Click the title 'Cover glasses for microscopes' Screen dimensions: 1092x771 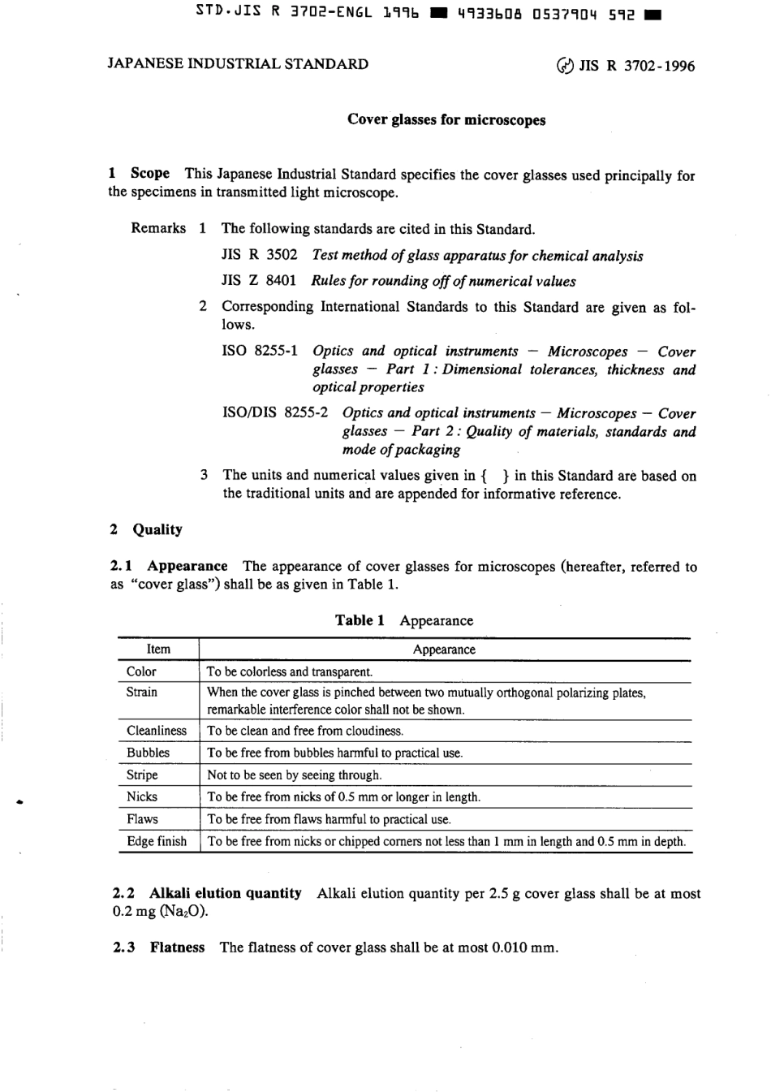click(x=446, y=120)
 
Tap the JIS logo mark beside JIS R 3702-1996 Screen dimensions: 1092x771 click(x=565, y=66)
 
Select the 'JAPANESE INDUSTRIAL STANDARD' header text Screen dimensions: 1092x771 click(x=238, y=64)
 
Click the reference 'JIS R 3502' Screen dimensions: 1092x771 click(x=259, y=255)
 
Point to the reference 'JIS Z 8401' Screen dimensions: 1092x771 click(x=258, y=281)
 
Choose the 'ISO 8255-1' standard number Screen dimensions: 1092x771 click(x=260, y=352)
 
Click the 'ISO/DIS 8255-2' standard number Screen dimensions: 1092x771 click(x=275, y=412)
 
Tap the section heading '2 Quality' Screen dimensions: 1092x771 click(x=146, y=529)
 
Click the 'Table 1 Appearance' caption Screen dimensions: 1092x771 click(x=404, y=621)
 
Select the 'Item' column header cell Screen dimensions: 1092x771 click(x=158, y=650)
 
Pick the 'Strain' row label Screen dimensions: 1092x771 click(x=142, y=692)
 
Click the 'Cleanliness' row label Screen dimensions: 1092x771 click(x=157, y=731)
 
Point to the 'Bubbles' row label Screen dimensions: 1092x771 click(x=148, y=753)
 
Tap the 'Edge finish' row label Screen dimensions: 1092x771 click(x=157, y=841)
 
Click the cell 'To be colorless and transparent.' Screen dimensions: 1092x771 click(x=290, y=672)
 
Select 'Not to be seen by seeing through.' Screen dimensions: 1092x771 click(x=294, y=775)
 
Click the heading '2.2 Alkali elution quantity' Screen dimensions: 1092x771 click(x=207, y=893)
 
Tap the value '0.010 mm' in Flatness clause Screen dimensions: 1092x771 click(x=524, y=947)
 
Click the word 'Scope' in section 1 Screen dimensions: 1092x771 click(x=150, y=173)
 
